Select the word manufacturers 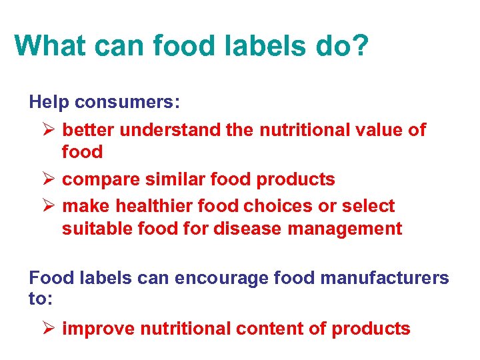pos(385,277)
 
